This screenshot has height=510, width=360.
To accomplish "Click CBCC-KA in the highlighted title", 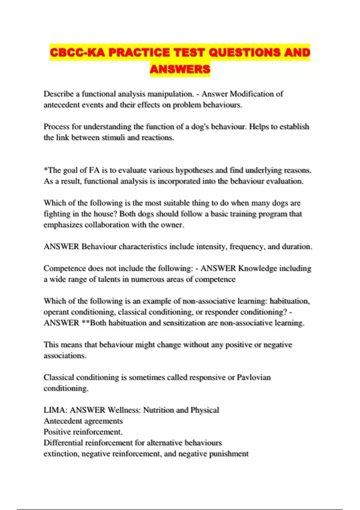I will point(77,52).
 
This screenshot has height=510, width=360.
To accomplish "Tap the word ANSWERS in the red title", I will point(180,69).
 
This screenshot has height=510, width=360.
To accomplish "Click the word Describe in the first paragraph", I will point(58,94).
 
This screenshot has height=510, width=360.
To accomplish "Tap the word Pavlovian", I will point(254,377).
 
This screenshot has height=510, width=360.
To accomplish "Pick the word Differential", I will point(63,443).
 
